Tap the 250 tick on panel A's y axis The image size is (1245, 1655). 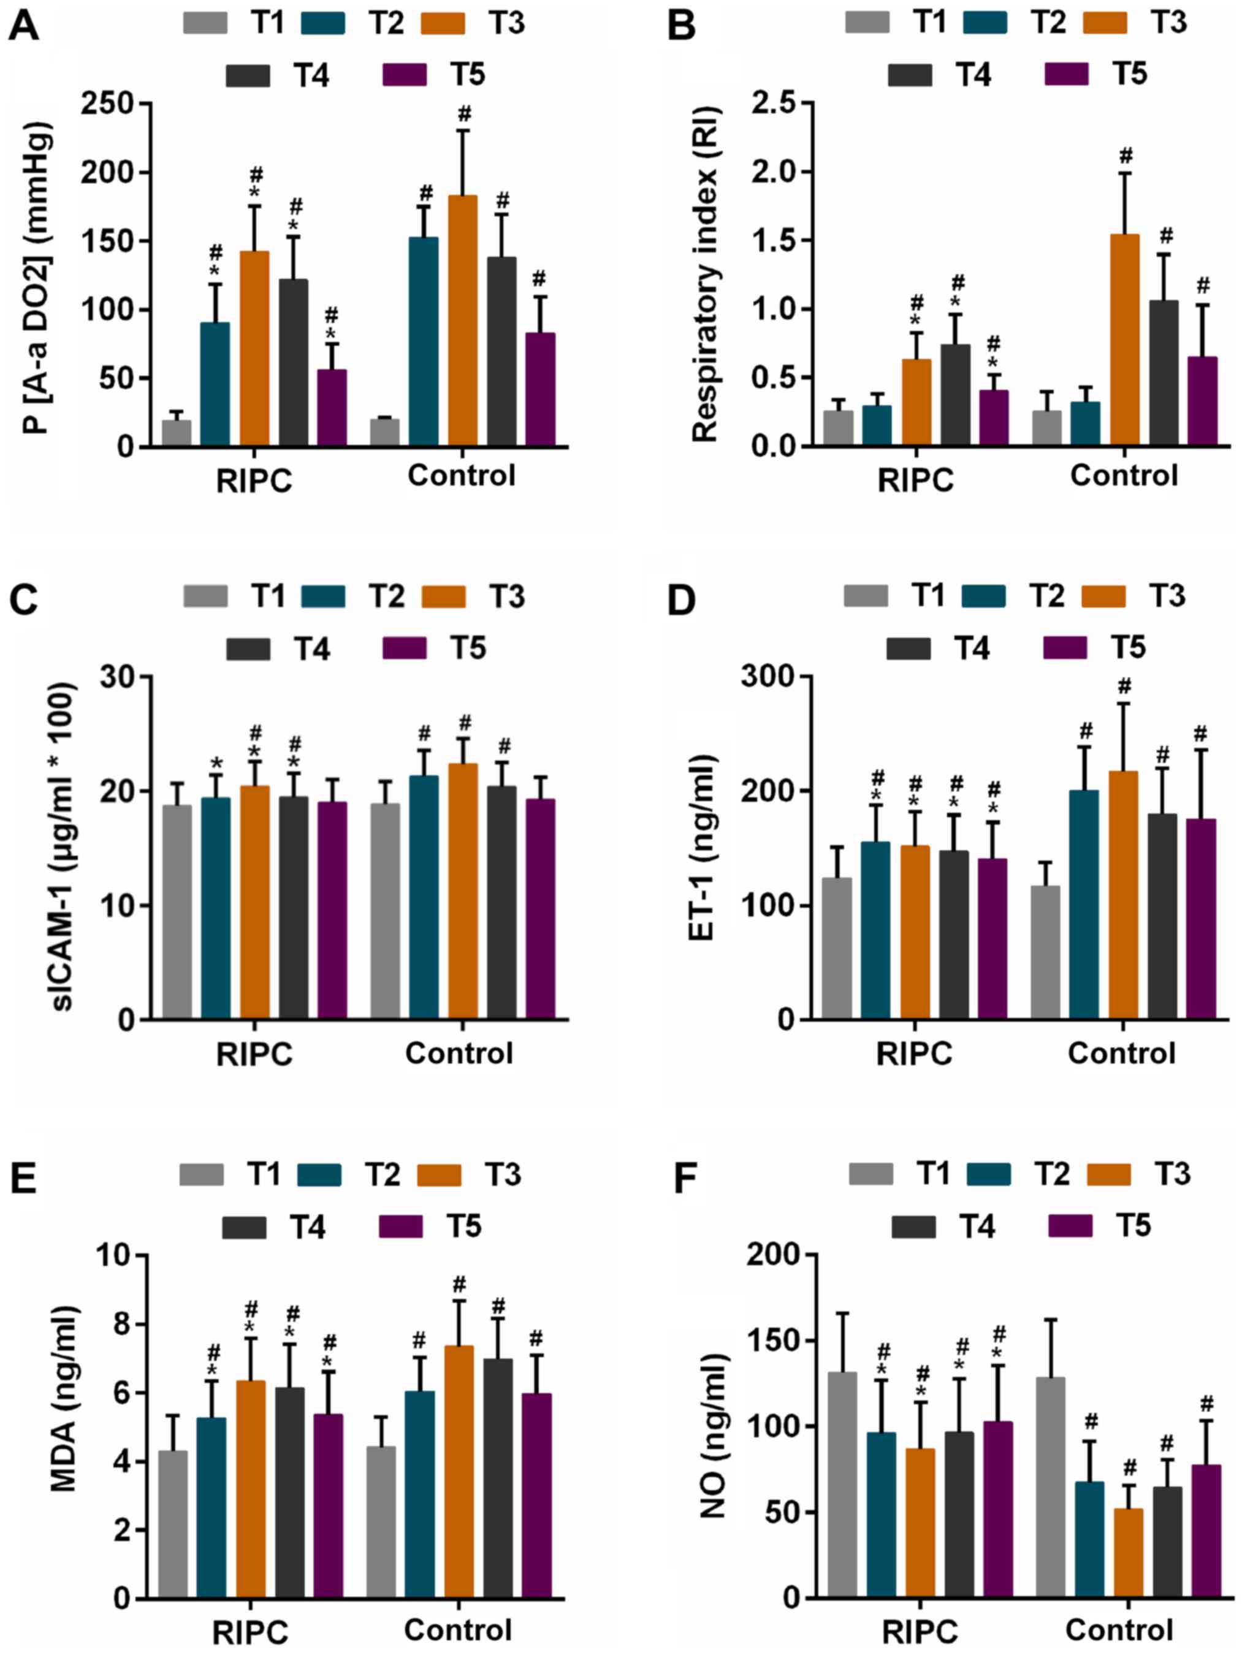point(116,103)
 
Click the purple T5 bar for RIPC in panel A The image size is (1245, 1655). point(332,408)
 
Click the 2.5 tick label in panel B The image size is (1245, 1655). point(777,103)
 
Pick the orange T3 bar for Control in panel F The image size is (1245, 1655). point(1129,1557)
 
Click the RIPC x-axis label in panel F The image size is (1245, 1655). point(919,1629)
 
